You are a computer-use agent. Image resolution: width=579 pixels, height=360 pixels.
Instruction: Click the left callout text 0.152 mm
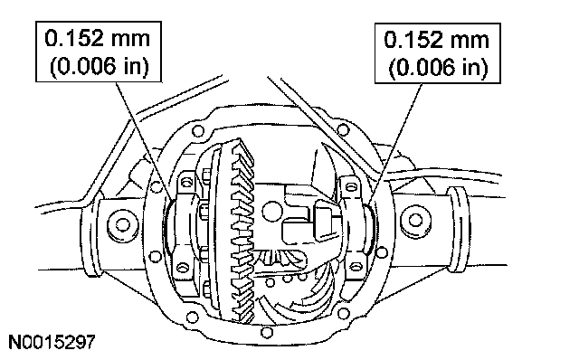point(98,38)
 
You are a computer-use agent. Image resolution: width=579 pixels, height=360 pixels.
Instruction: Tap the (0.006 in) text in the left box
point(99,66)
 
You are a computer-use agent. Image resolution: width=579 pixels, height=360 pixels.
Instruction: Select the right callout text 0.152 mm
point(437,40)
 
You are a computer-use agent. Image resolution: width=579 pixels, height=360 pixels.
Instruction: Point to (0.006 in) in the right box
point(438,68)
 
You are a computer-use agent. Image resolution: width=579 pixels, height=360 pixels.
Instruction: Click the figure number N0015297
point(52,342)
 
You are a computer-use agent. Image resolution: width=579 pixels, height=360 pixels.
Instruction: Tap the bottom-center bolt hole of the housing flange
point(267,332)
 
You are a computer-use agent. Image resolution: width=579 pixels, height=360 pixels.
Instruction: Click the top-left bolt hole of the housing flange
point(198,130)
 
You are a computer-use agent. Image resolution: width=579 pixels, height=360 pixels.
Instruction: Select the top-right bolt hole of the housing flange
point(344,129)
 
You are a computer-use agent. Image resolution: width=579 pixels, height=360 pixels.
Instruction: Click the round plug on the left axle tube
point(123,224)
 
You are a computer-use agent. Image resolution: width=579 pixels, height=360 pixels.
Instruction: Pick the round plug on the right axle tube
point(416,221)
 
